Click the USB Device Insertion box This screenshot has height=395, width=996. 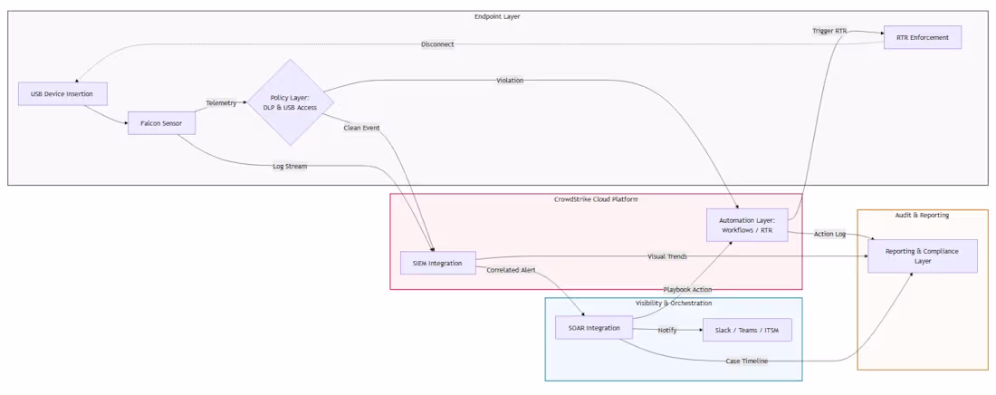pos(62,94)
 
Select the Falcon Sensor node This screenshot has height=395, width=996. pos(161,123)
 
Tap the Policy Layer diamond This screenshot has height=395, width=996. pos(291,102)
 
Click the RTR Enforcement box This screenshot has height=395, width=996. pos(923,37)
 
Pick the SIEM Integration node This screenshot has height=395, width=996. pos(438,263)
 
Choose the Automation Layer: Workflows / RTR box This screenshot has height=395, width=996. pos(747,226)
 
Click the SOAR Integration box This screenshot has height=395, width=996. pos(594,328)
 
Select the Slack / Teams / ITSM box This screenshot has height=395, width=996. pos(747,330)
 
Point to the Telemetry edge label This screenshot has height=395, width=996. pos(221,103)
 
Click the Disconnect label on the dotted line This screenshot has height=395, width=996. pos(437,44)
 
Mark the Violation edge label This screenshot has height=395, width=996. pos(510,81)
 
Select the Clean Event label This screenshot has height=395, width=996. pos(361,128)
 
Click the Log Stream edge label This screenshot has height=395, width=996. pos(291,167)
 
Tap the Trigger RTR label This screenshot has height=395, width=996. pos(829,31)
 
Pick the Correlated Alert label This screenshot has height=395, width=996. pos(511,270)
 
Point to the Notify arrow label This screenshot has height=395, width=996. pos(667,330)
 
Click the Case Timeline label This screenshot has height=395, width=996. pos(747,361)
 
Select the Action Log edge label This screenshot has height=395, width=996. pos(829,235)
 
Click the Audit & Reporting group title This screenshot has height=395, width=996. pos(923,215)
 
